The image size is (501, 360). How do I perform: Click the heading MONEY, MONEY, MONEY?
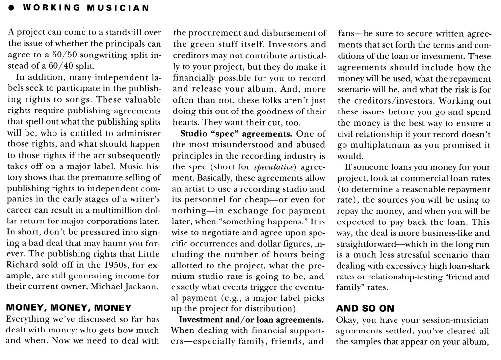[x=69, y=308]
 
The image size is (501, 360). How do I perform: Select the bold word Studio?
[x=194, y=133]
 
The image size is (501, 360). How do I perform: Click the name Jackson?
[x=139, y=287]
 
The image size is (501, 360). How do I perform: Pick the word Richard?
[x=23, y=265]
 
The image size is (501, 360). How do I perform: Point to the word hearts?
[x=185, y=122]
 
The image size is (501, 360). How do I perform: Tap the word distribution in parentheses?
[x=268, y=309]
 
